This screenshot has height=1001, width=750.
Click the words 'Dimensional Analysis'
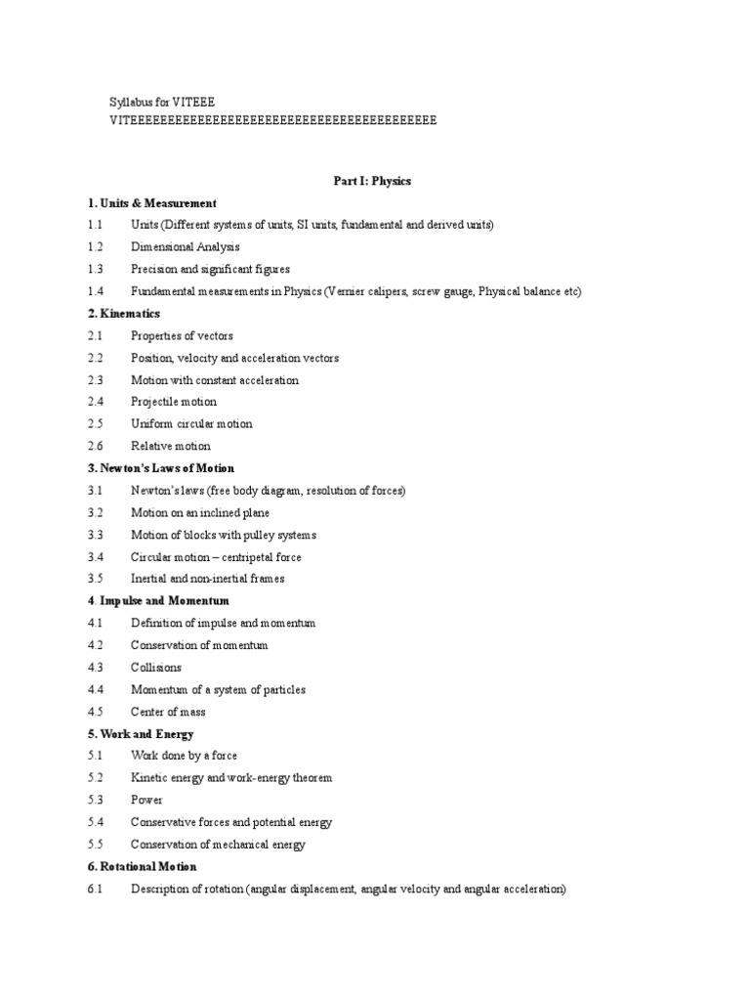click(x=186, y=247)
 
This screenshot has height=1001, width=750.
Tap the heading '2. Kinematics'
click(x=122, y=314)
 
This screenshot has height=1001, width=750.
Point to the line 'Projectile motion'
click(x=174, y=402)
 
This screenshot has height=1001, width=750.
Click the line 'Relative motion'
click(x=171, y=446)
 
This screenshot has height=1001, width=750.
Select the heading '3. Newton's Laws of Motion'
click(x=160, y=468)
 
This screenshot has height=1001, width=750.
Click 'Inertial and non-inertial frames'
click(x=208, y=579)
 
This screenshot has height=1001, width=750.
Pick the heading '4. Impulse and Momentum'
click(x=157, y=601)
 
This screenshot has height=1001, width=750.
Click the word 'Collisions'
click(x=156, y=668)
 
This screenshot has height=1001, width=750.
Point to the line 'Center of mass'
click(x=168, y=712)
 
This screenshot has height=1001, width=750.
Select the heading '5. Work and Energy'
click(x=140, y=734)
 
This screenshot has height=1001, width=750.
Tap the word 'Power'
click(x=146, y=800)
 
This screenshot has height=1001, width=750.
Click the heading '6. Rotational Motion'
click(x=141, y=867)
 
